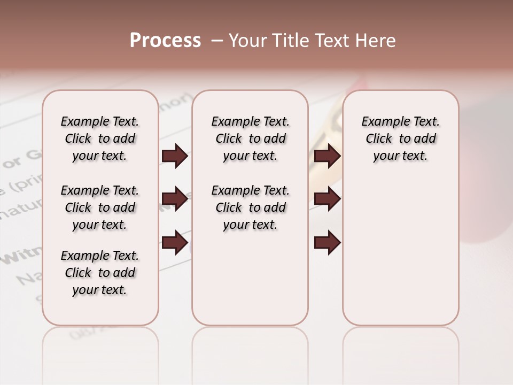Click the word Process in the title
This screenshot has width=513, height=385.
(165, 41)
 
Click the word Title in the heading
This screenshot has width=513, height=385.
(289, 41)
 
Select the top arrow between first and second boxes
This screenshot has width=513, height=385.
(175, 156)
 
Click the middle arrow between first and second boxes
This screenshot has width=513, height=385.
(175, 199)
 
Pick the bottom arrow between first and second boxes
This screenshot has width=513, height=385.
(175, 243)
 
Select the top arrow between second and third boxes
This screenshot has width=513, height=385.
(327, 156)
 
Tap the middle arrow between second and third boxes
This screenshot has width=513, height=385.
(327, 199)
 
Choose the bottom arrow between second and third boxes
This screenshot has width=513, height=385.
(327, 243)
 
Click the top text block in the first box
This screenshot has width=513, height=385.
(100, 138)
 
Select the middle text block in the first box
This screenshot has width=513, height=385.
(100, 207)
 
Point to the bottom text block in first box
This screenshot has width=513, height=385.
(100, 273)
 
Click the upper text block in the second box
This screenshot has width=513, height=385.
(250, 138)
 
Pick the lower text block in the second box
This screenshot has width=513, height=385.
(250, 207)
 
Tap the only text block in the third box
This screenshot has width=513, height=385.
(400, 138)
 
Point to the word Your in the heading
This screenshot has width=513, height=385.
(247, 41)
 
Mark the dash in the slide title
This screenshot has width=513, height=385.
(217, 41)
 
